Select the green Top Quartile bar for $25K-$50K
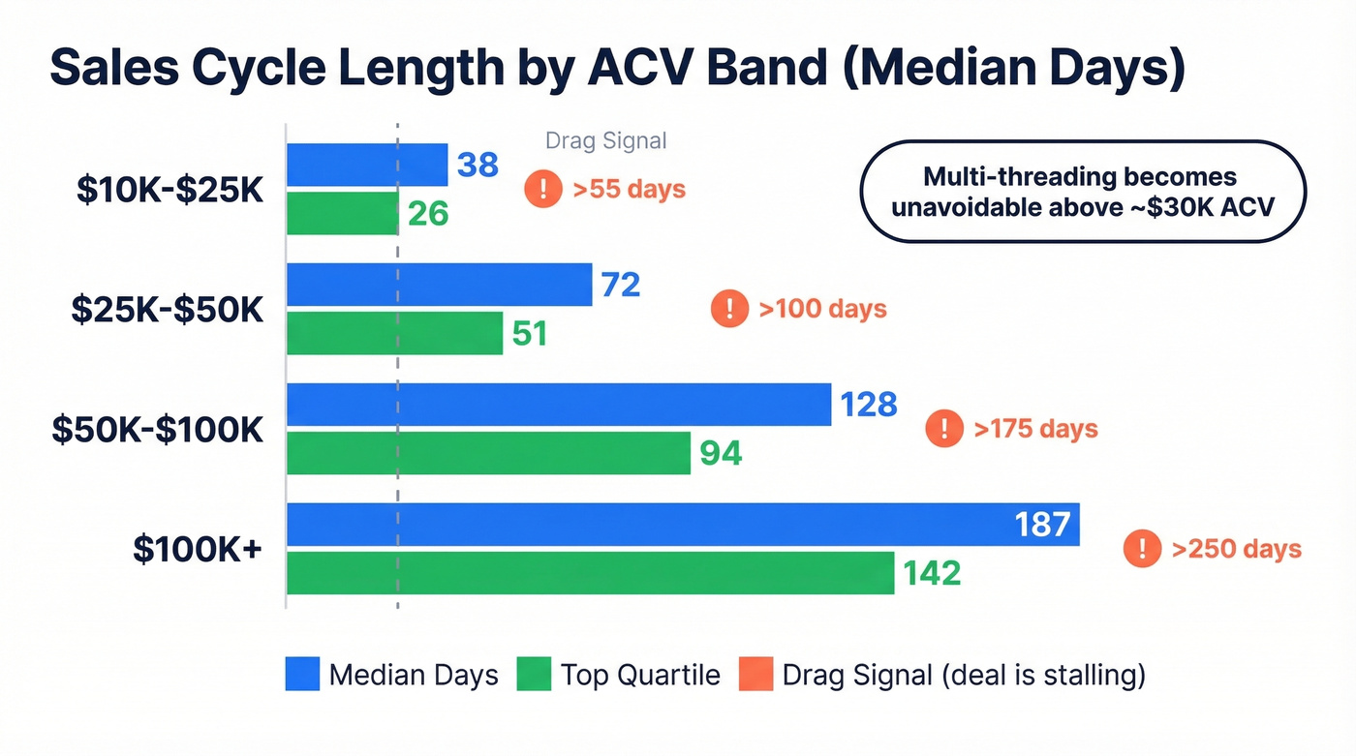(394, 333)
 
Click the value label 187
(1042, 525)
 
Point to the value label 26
(427, 213)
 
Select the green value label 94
(721, 453)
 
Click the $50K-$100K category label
(157, 429)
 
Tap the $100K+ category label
(198, 549)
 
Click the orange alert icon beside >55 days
(543, 189)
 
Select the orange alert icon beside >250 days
(1143, 549)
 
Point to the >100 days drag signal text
(822, 309)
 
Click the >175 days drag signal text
(1035, 429)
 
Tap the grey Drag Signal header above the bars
(605, 140)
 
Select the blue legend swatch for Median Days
(302, 675)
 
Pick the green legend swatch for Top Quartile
(534, 675)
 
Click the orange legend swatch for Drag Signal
(755, 675)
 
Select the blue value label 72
(620, 285)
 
